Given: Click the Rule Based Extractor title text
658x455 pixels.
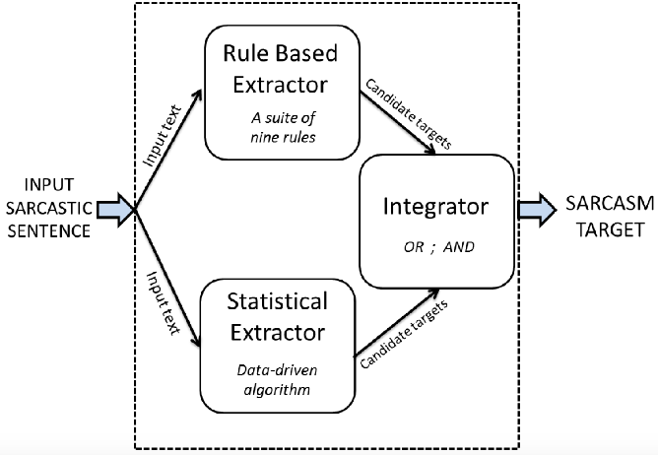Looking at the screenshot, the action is [280, 69].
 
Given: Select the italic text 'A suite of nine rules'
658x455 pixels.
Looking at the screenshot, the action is [284, 128].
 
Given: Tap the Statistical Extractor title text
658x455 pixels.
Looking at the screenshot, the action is [278, 317].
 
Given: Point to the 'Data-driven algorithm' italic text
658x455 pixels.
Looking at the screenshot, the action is [277, 380].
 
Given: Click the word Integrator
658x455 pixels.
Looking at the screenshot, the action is [435, 207].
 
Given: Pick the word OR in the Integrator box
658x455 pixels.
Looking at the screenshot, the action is [414, 247].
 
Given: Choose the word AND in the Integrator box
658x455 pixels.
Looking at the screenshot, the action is [459, 247].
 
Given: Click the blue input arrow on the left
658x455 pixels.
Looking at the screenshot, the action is [114, 210].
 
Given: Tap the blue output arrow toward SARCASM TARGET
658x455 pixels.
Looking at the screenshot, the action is [537, 210].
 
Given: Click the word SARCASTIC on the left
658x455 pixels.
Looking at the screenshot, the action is [49, 208].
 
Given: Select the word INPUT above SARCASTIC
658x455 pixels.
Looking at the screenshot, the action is [49, 185].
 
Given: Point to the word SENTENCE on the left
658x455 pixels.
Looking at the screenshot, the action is [49, 231].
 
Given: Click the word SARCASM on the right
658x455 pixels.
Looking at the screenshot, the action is [610, 204].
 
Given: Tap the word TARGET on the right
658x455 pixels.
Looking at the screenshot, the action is [610, 230].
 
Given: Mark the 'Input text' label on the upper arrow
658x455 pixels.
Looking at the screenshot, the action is [162, 135].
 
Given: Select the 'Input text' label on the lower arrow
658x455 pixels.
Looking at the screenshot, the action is [164, 302].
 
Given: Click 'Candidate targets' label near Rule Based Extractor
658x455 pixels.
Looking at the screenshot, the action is [409, 114].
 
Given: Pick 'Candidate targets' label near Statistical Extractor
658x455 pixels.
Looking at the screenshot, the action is [404, 334].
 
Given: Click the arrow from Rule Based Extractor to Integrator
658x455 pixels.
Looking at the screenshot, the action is [397, 122].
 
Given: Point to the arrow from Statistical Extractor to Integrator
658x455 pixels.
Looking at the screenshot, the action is [397, 322].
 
